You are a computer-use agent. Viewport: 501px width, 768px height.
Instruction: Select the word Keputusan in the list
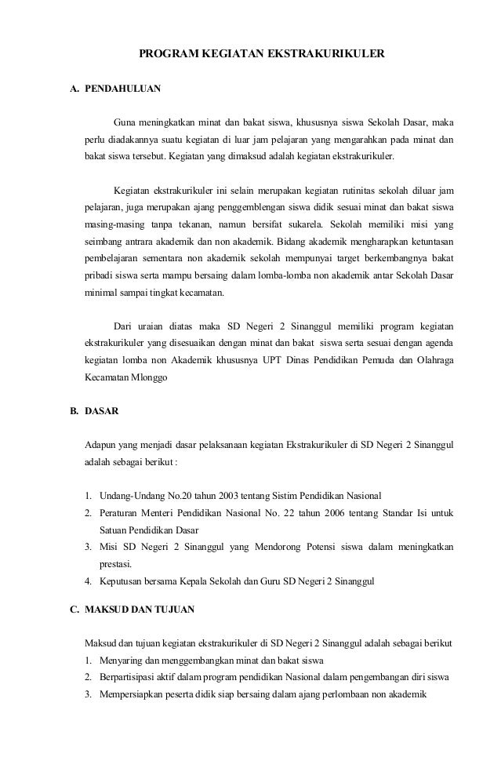coord(122,582)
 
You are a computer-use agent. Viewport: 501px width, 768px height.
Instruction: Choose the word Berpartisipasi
coord(130,676)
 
